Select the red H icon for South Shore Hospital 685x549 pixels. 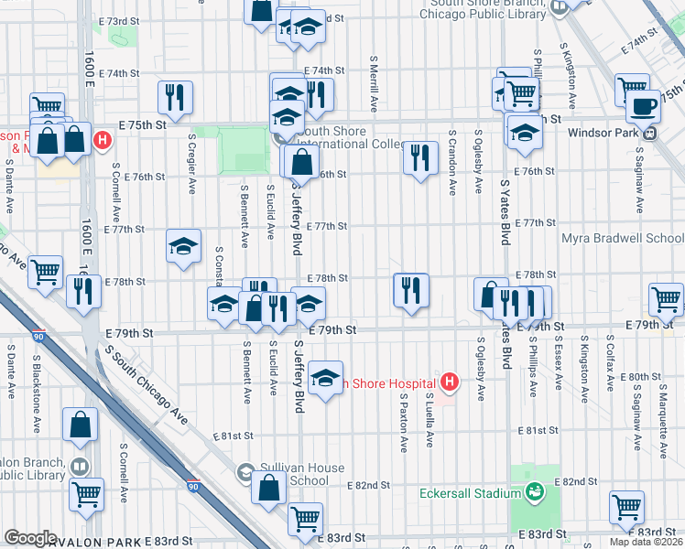click(449, 381)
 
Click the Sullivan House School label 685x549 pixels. click(302, 474)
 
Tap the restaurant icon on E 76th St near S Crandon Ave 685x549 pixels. click(420, 157)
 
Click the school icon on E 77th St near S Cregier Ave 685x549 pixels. click(183, 245)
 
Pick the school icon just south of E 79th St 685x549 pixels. click(325, 378)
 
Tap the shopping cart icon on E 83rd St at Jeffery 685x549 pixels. click(306, 519)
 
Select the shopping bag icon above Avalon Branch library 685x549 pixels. click(81, 425)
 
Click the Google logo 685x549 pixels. click(30, 538)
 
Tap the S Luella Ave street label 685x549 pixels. click(429, 420)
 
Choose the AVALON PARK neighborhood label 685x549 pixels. click(88, 542)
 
